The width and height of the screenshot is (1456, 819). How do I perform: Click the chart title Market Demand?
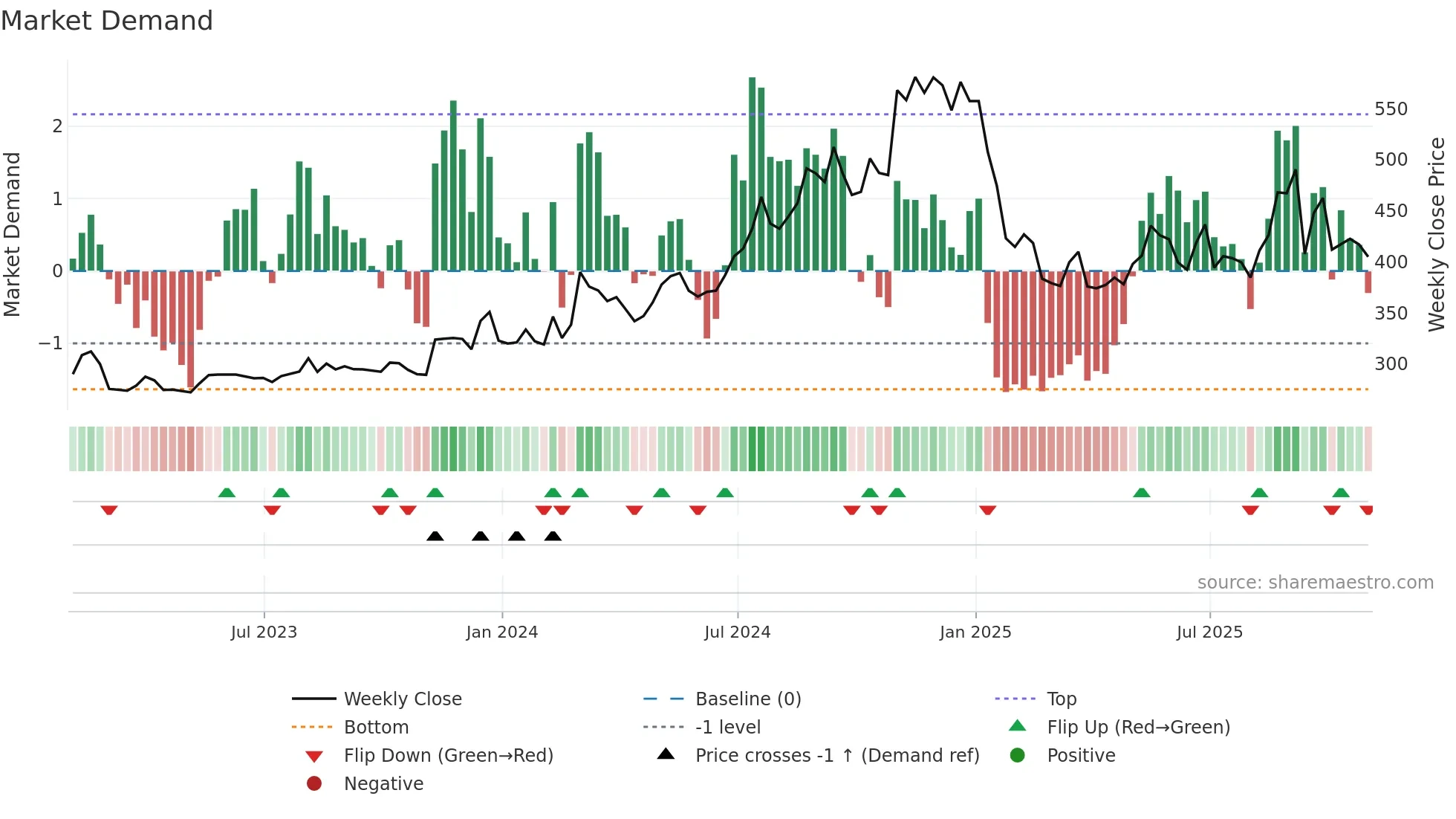coord(107,21)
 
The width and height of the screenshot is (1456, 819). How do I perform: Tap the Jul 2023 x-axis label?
coord(264,632)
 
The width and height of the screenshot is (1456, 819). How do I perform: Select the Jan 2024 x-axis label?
coord(502,632)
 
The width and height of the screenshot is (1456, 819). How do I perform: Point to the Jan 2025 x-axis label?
coord(975,632)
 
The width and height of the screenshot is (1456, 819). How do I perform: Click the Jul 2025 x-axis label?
coord(1209,632)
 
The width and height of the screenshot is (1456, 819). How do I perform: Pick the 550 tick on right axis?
coord(1391,109)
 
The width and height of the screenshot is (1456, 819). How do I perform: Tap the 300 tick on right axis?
coord(1391,364)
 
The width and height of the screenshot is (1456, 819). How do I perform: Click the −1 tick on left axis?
coord(51,343)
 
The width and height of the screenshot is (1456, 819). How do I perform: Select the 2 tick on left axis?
coord(57,126)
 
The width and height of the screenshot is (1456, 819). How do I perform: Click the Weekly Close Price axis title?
coord(1437,234)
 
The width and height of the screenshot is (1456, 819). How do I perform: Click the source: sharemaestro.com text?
coord(1315,583)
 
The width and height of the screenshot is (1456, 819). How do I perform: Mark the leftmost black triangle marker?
coord(435,537)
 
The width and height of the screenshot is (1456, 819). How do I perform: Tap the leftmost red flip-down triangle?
coord(109,510)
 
